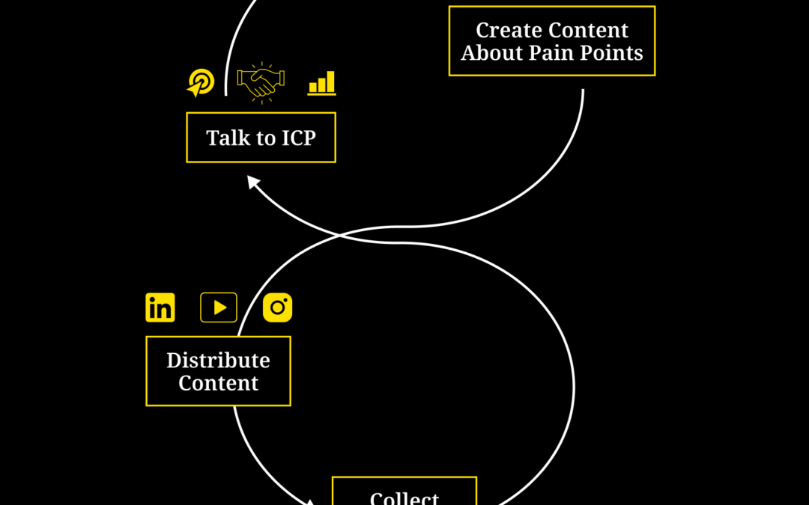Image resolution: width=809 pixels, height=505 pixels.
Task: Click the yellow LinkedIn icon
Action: [160, 307]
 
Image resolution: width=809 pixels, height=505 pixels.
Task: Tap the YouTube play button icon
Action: [219, 307]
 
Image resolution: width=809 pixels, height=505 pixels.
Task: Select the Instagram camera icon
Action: [278, 307]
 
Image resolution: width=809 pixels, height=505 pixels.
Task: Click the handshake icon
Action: [261, 82]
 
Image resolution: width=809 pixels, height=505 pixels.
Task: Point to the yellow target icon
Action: [200, 82]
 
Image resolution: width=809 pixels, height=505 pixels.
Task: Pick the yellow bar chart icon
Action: [322, 83]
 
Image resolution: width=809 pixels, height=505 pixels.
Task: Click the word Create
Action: [508, 31]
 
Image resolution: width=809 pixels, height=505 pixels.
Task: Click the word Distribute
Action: [218, 361]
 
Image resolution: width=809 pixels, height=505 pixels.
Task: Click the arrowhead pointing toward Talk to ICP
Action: [253, 181]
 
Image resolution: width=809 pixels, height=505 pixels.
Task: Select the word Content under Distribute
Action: [218, 384]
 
